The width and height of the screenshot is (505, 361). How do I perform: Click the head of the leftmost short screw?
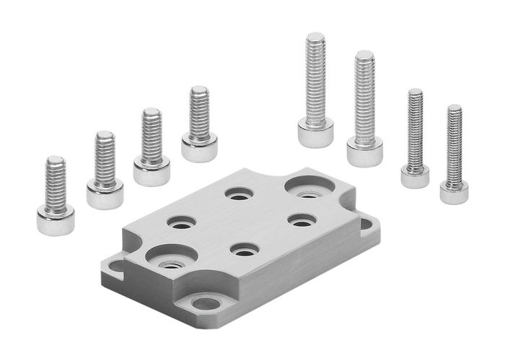click(x=56, y=220)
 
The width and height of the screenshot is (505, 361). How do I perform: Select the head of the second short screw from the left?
click(x=105, y=194)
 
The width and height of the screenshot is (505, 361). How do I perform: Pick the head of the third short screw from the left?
click(x=151, y=171)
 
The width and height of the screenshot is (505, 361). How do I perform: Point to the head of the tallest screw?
click(x=315, y=133)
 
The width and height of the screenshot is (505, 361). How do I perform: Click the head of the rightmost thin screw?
click(x=454, y=192)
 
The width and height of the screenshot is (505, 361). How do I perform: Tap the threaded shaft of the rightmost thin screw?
click(x=454, y=144)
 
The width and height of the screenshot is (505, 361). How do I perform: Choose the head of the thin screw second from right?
click(x=415, y=175)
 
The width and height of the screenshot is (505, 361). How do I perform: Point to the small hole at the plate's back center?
click(x=239, y=194)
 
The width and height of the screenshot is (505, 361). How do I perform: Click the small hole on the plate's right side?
click(x=301, y=219)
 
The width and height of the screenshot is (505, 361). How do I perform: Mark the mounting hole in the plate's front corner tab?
click(x=206, y=303)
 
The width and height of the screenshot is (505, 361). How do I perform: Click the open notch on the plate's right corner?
click(x=366, y=225)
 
